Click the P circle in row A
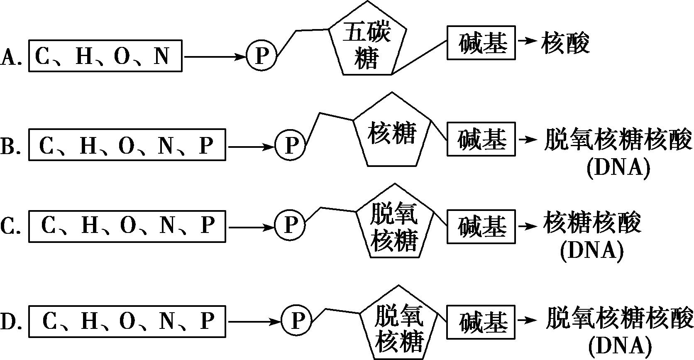click(261, 56)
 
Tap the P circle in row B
click(290, 145)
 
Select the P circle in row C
click(290, 225)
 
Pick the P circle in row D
click(296, 321)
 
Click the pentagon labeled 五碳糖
click(367, 42)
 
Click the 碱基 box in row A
click(481, 42)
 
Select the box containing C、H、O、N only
click(105, 56)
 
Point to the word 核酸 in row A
click(565, 42)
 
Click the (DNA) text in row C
click(592, 251)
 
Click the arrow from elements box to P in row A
click(214, 56)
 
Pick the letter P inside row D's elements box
click(207, 321)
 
